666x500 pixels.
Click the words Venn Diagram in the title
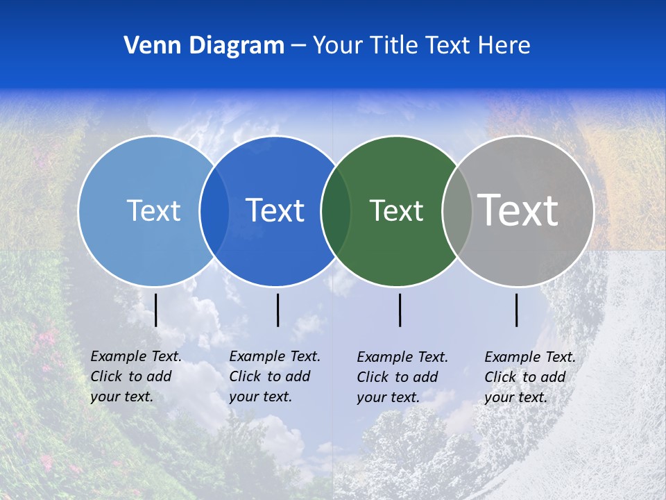coord(204,46)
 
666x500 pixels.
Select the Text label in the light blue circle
coord(153,210)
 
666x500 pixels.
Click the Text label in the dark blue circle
coord(275,210)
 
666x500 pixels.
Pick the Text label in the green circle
coord(396,210)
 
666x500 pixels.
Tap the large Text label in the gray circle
coord(518,210)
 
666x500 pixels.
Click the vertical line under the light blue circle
coord(155,310)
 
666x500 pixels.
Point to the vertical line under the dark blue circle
coord(277,310)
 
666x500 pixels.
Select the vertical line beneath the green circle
coord(400,310)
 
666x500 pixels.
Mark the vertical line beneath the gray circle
coord(517,310)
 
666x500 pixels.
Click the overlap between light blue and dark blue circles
coord(214,210)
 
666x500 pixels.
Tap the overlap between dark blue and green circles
coord(336,210)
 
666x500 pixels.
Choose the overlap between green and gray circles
coord(456,210)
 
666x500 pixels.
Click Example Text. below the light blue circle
coord(136,356)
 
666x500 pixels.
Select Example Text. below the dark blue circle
coord(275,356)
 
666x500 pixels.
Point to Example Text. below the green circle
coord(402,357)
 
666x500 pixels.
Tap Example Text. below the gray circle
coord(530,357)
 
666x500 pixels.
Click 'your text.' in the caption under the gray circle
coord(516,397)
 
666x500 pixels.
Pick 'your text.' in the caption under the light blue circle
coord(122,397)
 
